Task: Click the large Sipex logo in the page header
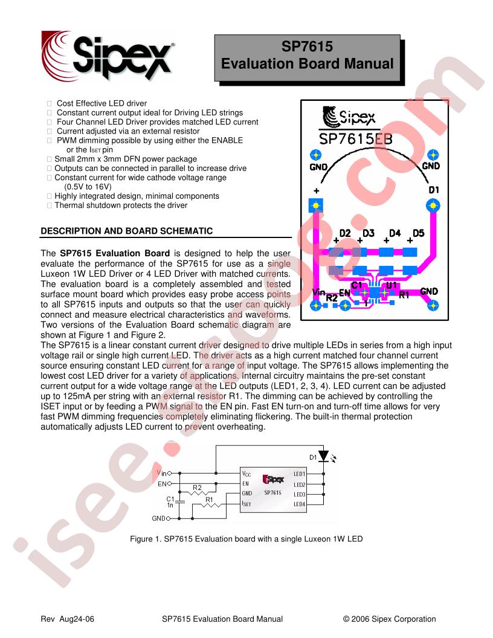(108, 56)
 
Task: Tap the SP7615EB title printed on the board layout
(355, 139)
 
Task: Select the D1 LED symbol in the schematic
(323, 456)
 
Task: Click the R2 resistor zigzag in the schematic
(197, 493)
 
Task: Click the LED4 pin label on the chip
(300, 504)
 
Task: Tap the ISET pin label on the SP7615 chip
(246, 504)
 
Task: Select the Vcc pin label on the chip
(246, 474)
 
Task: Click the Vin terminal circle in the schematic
(169, 473)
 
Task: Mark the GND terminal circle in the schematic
(169, 518)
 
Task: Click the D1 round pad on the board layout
(433, 205)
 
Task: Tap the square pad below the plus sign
(315, 205)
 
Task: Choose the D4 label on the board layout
(395, 233)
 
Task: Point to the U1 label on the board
(391, 285)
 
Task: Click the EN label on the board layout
(344, 292)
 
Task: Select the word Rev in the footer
(47, 619)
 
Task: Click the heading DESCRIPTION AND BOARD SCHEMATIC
(126, 231)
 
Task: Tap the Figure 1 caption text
(246, 539)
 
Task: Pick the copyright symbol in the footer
(346, 619)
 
